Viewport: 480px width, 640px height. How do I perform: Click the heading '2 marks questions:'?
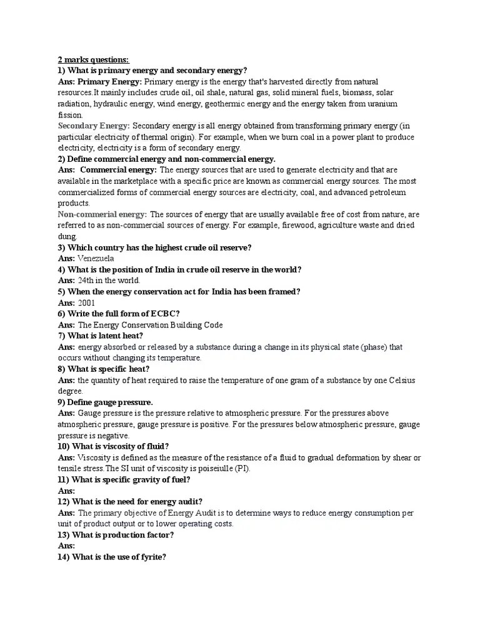93,60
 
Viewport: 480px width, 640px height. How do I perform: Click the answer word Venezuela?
96,258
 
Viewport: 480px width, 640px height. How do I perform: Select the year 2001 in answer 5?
87,302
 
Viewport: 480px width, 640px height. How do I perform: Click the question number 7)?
61,336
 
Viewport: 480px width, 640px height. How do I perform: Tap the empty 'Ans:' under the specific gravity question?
66,491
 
